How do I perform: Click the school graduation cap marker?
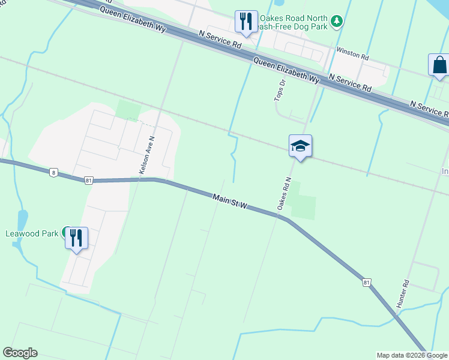[301, 146]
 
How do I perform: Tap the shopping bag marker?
[439, 65]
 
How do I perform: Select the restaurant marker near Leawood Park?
[77, 238]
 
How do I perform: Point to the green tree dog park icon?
[337, 22]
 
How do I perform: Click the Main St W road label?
[230, 201]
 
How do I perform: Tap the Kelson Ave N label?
[148, 155]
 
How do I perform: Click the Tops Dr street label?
[278, 90]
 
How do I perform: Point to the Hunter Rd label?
[403, 293]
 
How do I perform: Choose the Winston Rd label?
[352, 54]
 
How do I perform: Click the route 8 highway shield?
[54, 173]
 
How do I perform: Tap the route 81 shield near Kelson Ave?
[89, 180]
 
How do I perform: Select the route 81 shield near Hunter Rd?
[366, 281]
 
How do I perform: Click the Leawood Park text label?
[32, 233]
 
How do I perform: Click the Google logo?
[20, 353]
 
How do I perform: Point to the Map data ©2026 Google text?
[412, 355]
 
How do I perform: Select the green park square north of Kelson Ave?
[128, 110]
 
